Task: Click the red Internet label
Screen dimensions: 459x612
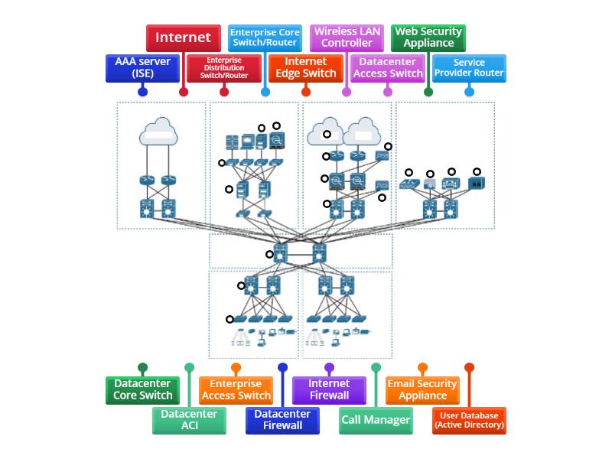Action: (183, 37)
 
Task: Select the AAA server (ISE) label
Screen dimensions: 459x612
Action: (142, 67)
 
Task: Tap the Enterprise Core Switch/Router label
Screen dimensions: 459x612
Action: (265, 37)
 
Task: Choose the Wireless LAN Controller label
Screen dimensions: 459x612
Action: (347, 37)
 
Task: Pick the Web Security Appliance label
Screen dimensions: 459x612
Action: (428, 37)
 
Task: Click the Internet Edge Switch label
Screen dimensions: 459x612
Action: (306, 67)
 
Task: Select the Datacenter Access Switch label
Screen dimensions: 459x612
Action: (388, 67)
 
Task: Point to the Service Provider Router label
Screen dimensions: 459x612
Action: (469, 67)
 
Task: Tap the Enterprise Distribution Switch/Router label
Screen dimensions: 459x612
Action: (224, 67)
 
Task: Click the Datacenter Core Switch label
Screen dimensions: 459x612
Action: (142, 389)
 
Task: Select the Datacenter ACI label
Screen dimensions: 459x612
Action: (189, 420)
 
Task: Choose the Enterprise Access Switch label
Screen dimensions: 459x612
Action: (236, 389)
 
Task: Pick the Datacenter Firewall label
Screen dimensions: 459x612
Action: (282, 420)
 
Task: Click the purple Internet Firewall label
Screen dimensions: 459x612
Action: (329, 389)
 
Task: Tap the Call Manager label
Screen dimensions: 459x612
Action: (376, 420)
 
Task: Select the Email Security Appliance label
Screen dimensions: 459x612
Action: (422, 389)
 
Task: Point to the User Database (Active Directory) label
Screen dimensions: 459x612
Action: (469, 420)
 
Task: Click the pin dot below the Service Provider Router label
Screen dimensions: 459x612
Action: (469, 92)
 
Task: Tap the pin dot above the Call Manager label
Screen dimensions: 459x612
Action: (376, 368)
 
